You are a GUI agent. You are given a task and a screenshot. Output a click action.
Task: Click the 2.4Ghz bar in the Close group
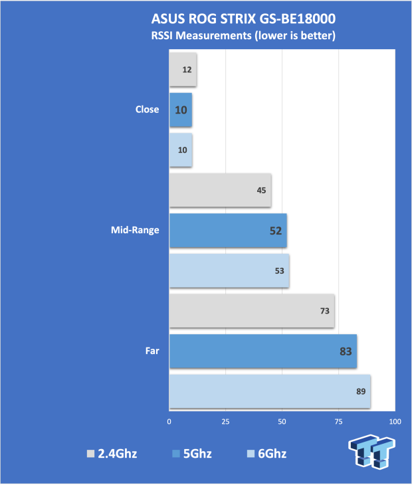[183, 70]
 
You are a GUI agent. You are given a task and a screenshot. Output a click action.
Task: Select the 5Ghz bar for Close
[181, 110]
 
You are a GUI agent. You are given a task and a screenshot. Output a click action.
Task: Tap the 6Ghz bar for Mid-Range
[229, 270]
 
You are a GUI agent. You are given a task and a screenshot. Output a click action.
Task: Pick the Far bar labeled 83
[263, 351]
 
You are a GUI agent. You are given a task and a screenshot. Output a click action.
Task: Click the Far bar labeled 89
[270, 391]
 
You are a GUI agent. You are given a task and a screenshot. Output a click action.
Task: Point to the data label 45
[261, 190]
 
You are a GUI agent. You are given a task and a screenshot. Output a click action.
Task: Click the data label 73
[325, 311]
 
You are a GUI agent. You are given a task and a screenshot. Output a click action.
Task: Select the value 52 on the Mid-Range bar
[276, 231]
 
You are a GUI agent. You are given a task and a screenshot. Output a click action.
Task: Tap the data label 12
[187, 70]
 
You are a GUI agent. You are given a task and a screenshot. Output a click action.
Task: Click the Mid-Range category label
[135, 230]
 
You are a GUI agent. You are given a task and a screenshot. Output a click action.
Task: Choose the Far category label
[152, 351]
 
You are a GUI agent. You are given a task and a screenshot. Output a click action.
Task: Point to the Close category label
[148, 109]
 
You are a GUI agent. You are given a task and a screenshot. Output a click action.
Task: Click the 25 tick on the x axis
[225, 422]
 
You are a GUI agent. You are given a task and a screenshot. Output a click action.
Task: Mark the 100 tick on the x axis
[395, 422]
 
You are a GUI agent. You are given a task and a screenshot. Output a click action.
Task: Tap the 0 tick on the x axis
[169, 422]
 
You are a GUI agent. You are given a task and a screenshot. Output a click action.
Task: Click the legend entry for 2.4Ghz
[112, 454]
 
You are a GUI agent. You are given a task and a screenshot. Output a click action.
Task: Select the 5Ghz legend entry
[192, 454]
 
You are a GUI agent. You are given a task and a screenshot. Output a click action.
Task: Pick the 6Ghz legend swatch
[251, 454]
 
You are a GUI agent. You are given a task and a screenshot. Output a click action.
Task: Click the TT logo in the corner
[371, 452]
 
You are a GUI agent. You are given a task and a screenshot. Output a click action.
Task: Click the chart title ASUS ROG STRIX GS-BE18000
[243, 19]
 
